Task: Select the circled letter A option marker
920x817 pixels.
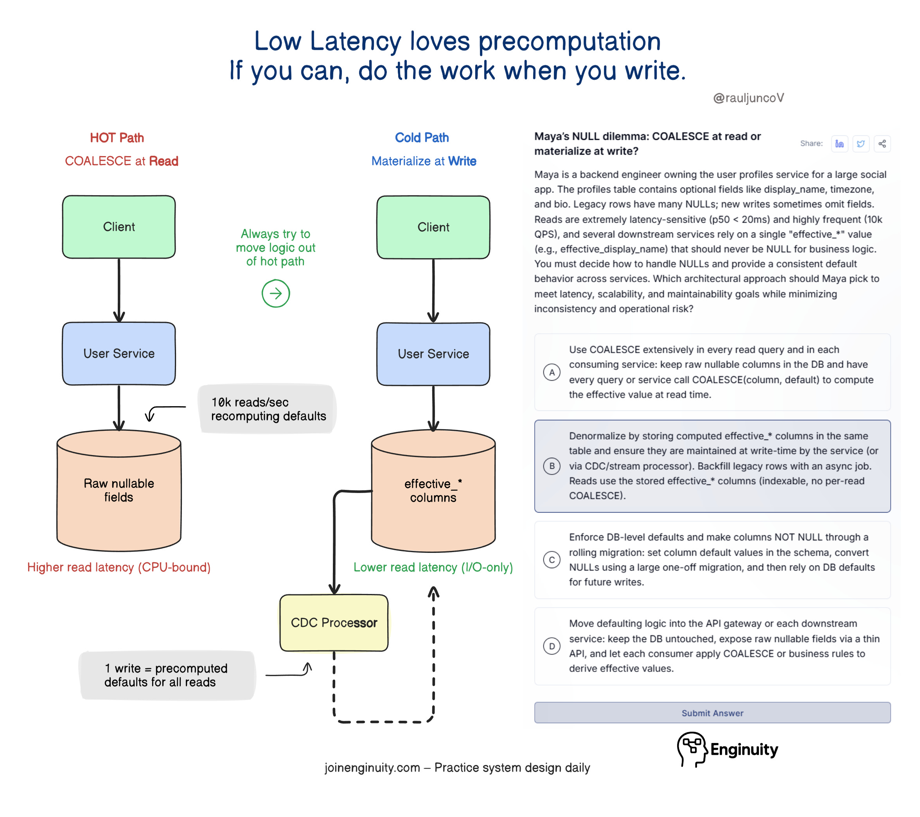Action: [x=552, y=372]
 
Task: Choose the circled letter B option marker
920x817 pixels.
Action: [x=552, y=466]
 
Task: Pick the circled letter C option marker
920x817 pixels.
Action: [x=552, y=560]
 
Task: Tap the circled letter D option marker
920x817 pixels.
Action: [x=552, y=646]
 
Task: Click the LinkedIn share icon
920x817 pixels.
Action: [x=839, y=144]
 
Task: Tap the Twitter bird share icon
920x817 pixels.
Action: [x=861, y=144]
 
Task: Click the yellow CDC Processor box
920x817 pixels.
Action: [x=334, y=623]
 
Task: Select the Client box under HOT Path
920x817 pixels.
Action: [x=119, y=227]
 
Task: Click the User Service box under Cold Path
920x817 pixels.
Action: [x=433, y=354]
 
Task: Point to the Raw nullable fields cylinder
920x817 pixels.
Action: [x=119, y=491]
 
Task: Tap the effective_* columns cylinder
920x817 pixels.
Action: [x=433, y=491]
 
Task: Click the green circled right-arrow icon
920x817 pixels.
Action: [x=275, y=293]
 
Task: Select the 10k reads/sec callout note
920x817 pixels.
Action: [x=268, y=409]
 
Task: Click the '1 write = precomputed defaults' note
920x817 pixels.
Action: [x=167, y=675]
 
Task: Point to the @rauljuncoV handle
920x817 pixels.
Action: [x=749, y=98]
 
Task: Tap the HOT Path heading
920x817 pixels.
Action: [x=117, y=138]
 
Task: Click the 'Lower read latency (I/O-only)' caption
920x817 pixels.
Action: [x=433, y=567]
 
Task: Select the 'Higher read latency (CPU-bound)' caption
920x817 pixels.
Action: [x=119, y=567]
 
